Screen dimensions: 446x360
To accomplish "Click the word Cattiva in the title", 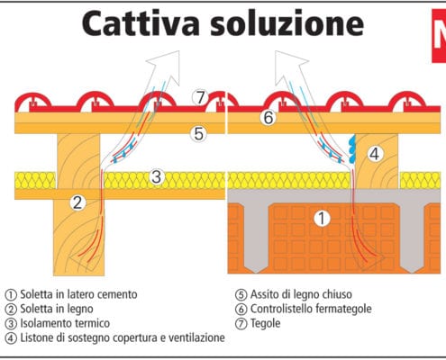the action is [141, 23].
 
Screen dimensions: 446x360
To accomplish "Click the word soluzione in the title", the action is [287, 23].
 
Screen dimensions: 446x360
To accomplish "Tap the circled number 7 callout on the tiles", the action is [200, 97].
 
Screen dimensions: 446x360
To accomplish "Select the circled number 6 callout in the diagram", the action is [268, 118].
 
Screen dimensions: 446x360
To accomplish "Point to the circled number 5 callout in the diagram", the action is [199, 134].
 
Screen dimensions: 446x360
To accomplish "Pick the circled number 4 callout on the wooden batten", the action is [375, 154].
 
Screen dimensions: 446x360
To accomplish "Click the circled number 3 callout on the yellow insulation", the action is [157, 176].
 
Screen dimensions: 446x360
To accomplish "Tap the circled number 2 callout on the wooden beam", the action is [77, 202].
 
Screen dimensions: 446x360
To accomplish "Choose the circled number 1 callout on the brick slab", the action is [322, 218].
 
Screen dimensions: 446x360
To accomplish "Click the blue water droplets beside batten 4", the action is [352, 149].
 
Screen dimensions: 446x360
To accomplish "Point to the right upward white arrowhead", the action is [290, 67].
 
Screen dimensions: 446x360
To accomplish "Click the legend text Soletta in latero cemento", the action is [78, 294].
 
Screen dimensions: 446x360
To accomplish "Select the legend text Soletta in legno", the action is [57, 310].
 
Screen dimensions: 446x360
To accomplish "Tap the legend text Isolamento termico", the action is [65, 323].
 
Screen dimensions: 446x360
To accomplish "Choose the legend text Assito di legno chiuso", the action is [301, 294].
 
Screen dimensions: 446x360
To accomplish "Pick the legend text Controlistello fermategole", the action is [311, 309].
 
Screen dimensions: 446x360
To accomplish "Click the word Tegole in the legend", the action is [266, 324].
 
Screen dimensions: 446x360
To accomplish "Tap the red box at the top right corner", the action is [439, 36].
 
